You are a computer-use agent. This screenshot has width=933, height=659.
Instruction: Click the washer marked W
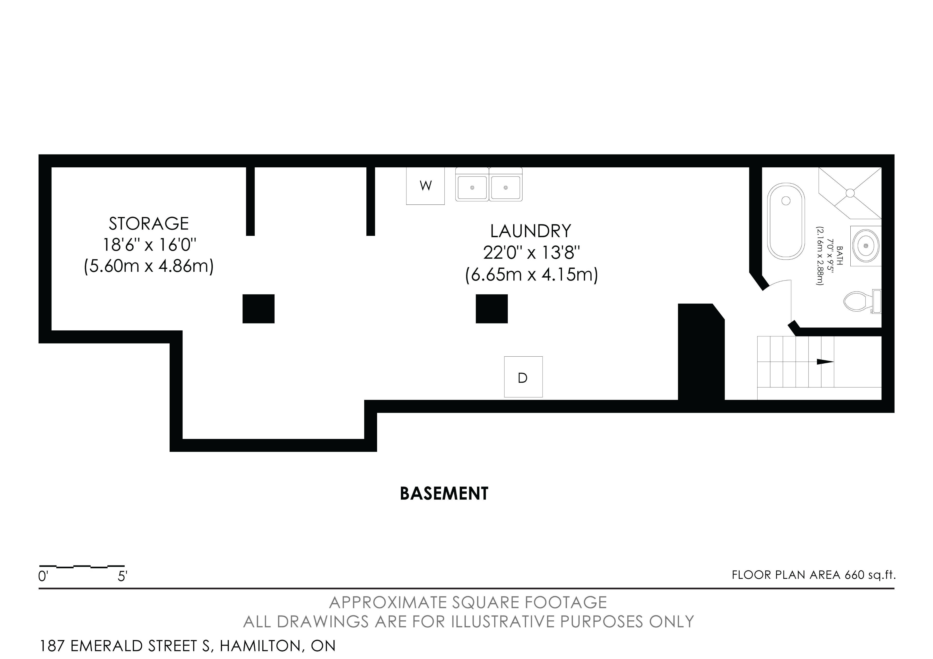(x=425, y=186)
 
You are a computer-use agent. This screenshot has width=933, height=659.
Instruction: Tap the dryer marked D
(x=523, y=377)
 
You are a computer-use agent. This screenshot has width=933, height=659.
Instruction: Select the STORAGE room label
(x=149, y=223)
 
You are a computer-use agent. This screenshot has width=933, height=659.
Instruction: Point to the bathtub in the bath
(x=786, y=221)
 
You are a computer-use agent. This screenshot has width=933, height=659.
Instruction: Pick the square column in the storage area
(x=259, y=309)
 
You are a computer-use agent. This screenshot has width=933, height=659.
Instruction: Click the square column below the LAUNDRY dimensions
(x=492, y=309)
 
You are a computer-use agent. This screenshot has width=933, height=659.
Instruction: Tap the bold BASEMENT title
(x=444, y=493)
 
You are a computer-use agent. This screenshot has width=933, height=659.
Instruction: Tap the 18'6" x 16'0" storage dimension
(x=149, y=245)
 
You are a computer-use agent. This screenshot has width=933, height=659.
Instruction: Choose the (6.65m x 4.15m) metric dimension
(x=532, y=275)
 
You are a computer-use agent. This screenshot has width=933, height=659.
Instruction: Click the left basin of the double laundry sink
(x=472, y=187)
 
